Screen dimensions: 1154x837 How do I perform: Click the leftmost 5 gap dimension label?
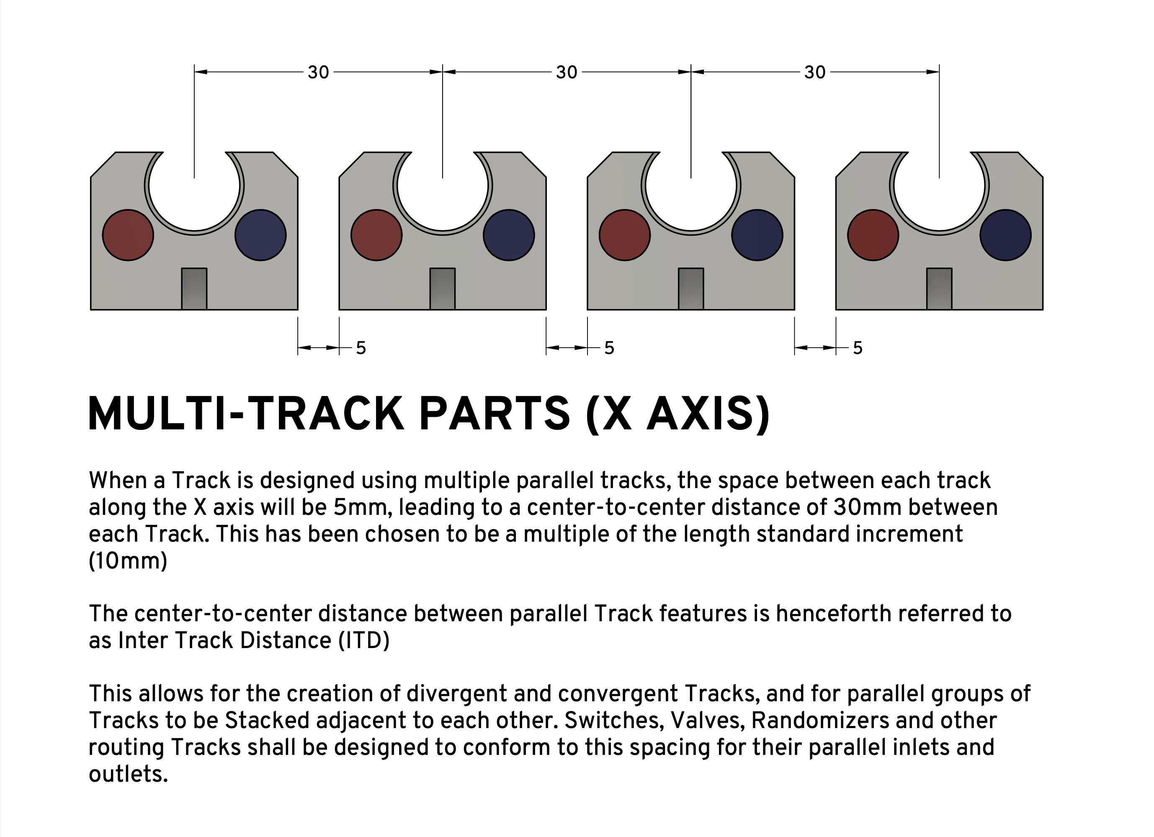(361, 348)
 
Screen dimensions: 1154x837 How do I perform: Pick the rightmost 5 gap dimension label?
(858, 348)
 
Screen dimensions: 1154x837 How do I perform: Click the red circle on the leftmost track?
(128, 235)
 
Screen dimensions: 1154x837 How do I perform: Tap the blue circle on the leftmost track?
(260, 235)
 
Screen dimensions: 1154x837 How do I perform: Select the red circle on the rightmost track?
(873, 235)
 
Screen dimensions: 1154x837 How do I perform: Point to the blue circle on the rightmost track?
(1005, 235)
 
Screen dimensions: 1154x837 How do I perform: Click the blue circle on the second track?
(509, 235)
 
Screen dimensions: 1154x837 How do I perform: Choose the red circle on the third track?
(625, 235)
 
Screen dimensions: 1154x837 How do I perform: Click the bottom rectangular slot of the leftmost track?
(194, 289)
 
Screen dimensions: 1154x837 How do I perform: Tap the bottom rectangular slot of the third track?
(691, 289)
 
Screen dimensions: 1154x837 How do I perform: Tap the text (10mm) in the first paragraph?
(128, 561)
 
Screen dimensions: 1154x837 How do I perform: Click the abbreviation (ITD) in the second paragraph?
(364, 641)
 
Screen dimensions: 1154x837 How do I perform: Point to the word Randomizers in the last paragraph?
(820, 721)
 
